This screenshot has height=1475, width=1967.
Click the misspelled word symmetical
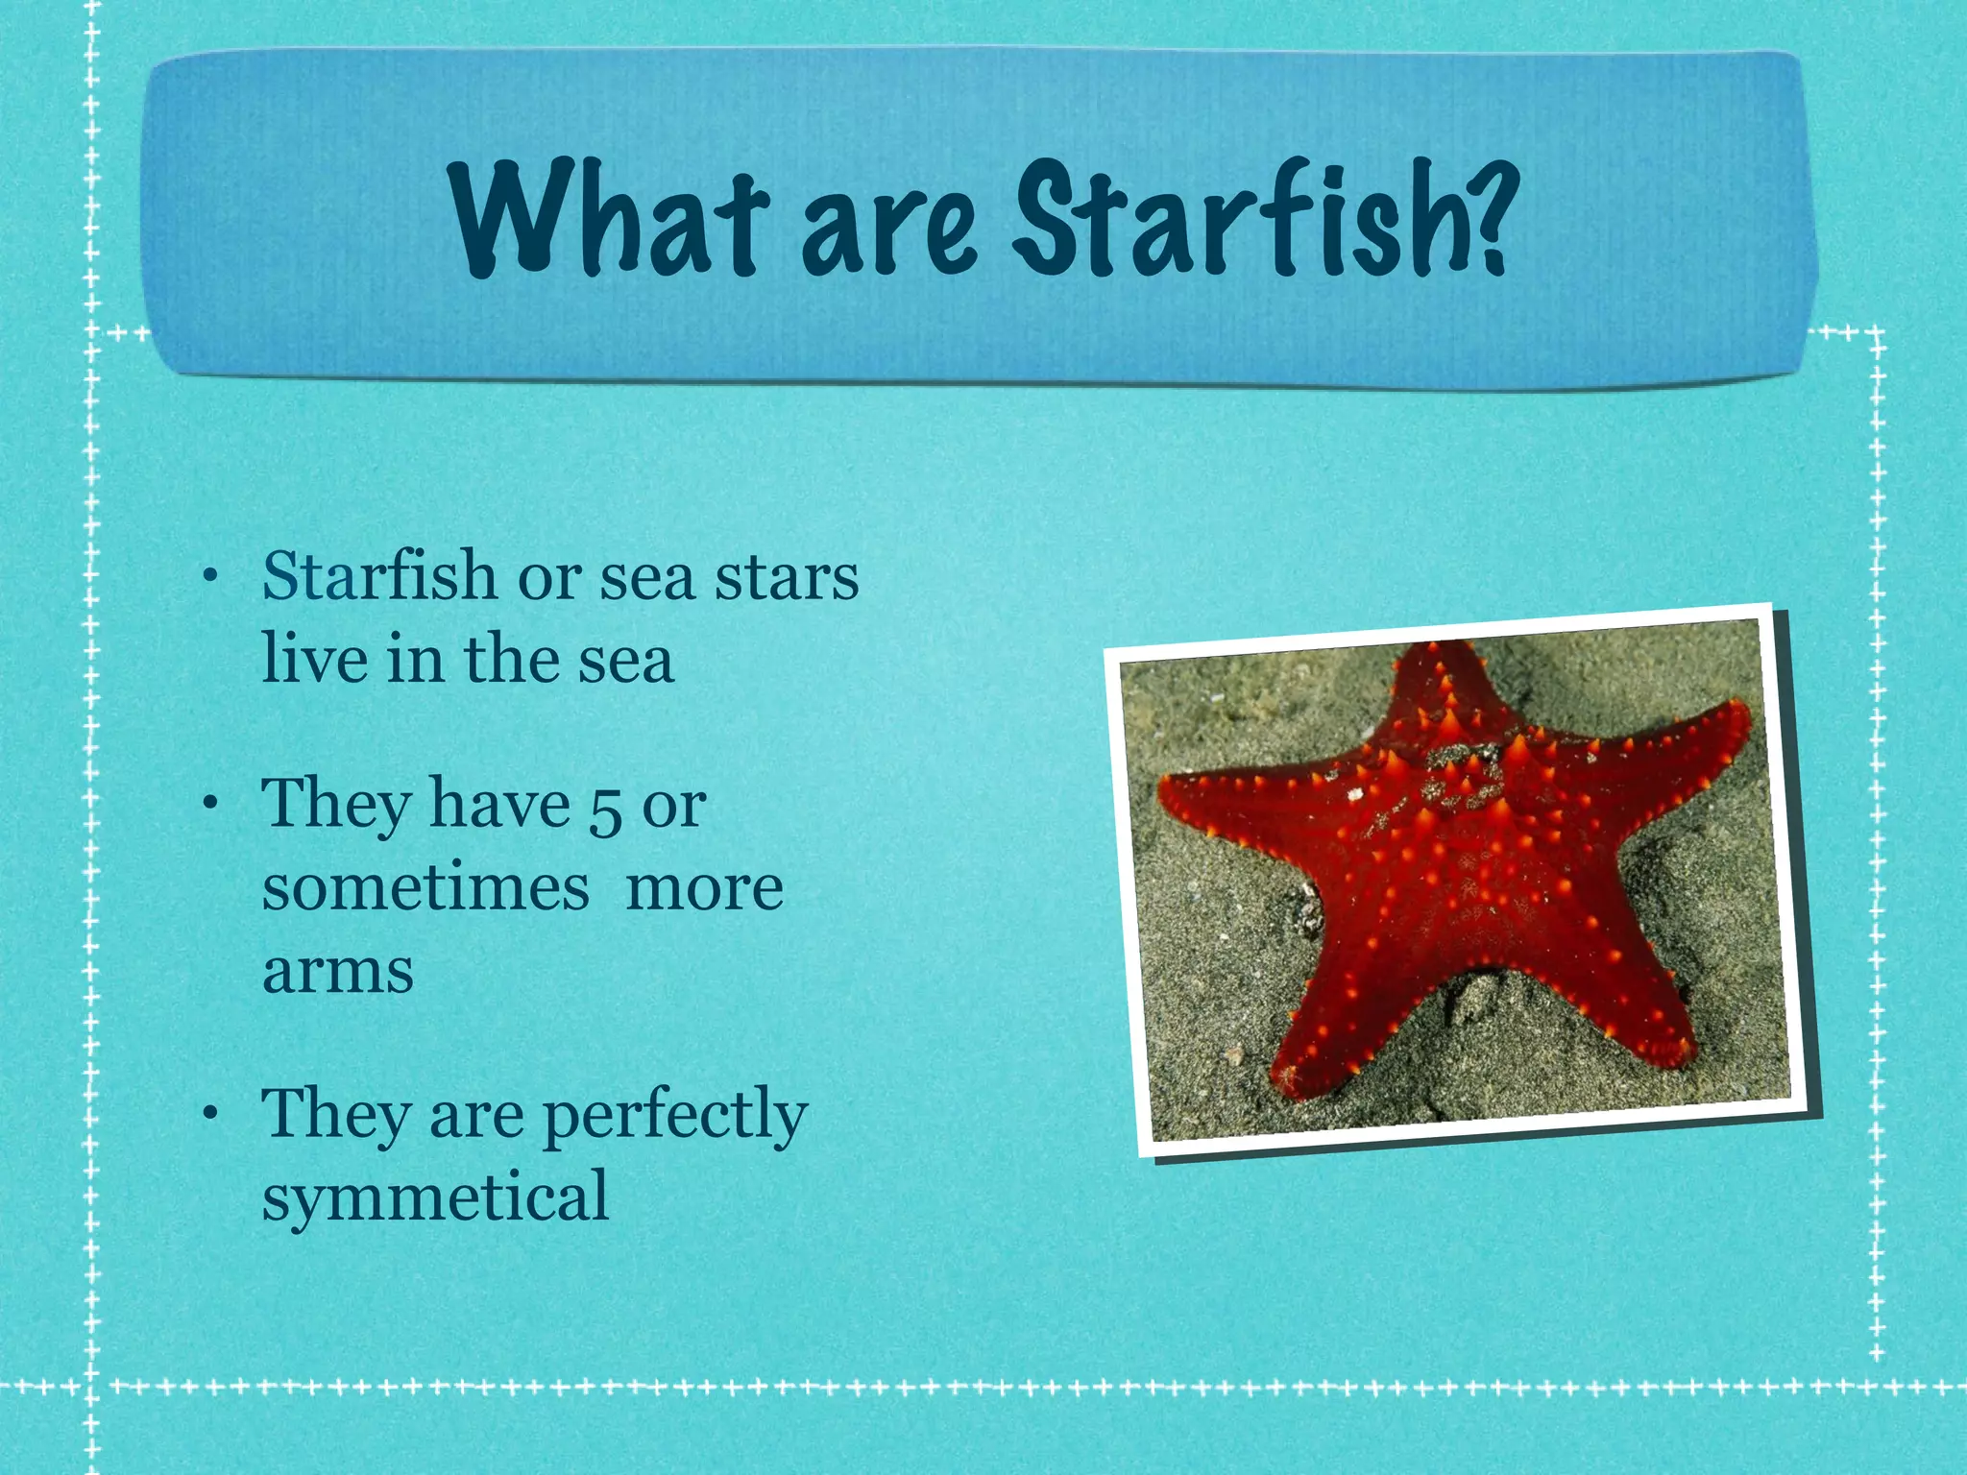coord(435,1197)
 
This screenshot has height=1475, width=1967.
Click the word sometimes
coord(425,888)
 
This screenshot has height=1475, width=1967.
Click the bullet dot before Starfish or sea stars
coord(209,577)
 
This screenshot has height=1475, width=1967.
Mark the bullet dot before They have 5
coord(209,805)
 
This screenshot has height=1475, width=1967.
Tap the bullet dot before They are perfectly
coord(209,1115)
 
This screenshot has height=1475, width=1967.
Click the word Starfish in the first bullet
coord(379,577)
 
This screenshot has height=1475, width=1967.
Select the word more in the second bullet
coord(704,888)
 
